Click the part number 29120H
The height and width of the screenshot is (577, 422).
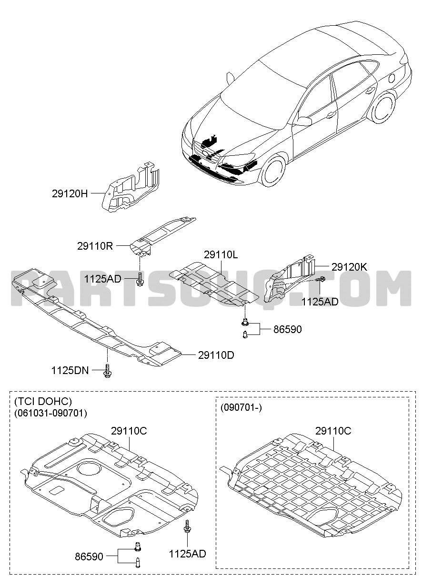(70, 193)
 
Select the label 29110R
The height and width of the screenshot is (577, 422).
(95, 246)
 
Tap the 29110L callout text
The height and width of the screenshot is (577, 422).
(221, 255)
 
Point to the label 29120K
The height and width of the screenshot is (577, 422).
(350, 267)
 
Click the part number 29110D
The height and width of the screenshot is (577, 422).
(216, 355)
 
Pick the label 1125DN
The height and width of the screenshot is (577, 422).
(70, 371)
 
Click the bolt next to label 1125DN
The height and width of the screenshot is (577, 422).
(108, 371)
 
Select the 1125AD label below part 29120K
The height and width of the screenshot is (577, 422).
(320, 302)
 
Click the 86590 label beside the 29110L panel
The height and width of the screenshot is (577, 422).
(287, 329)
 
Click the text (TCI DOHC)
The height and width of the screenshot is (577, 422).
(43, 401)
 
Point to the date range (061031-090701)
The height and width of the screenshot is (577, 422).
(50, 413)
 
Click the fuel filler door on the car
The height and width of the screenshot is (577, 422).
(392, 78)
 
